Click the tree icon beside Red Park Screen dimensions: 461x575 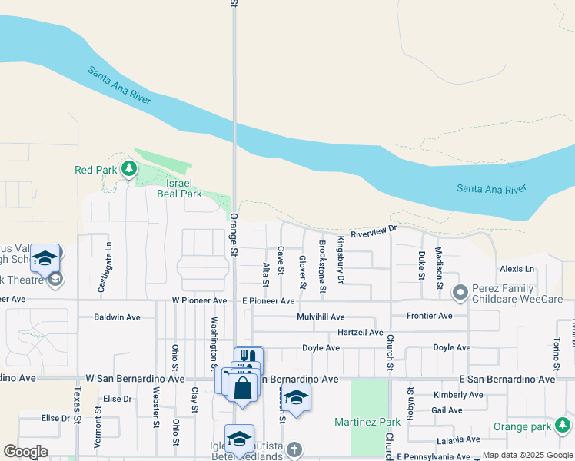pyautogui.click(x=129, y=169)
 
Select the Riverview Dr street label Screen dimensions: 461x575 pyautogui.click(x=373, y=230)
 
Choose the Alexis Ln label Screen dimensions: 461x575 pyautogui.click(x=517, y=269)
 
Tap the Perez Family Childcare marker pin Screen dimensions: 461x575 pyautogui.click(x=460, y=292)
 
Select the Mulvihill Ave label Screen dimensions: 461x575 pyautogui.click(x=321, y=317)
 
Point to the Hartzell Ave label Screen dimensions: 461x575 pyautogui.click(x=360, y=332)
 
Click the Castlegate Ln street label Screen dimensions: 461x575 pyautogui.click(x=108, y=261)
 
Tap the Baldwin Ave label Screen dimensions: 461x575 pyautogui.click(x=117, y=317)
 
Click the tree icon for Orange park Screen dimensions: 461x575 pyautogui.click(x=563, y=424)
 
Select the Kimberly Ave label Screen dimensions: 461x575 pyautogui.click(x=458, y=395)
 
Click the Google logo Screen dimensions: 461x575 pyautogui.click(x=25, y=452)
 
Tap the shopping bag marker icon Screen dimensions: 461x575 pyautogui.click(x=243, y=386)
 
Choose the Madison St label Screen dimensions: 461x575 pyautogui.click(x=440, y=263)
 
